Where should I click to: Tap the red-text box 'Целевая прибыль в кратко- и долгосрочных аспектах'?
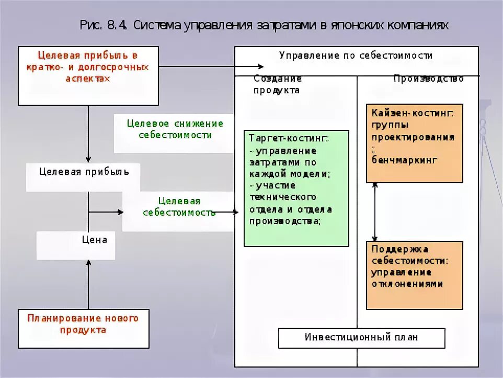tap(88, 75)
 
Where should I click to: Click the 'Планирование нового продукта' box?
tap(84, 328)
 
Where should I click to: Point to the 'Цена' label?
tap(95, 240)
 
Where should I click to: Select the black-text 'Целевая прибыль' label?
tap(84, 172)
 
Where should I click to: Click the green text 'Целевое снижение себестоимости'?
tap(175, 129)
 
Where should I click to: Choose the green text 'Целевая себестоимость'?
tap(179, 207)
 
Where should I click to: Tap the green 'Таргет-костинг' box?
tap(296, 188)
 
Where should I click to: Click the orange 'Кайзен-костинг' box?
tap(414, 142)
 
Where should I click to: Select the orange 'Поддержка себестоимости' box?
tap(414, 275)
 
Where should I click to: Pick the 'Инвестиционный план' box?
tap(361, 338)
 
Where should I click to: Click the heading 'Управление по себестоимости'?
tap(356, 55)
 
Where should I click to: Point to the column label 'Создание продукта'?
tap(278, 84)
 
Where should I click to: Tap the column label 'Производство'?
tap(428, 79)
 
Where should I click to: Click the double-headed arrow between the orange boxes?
tap(375, 212)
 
